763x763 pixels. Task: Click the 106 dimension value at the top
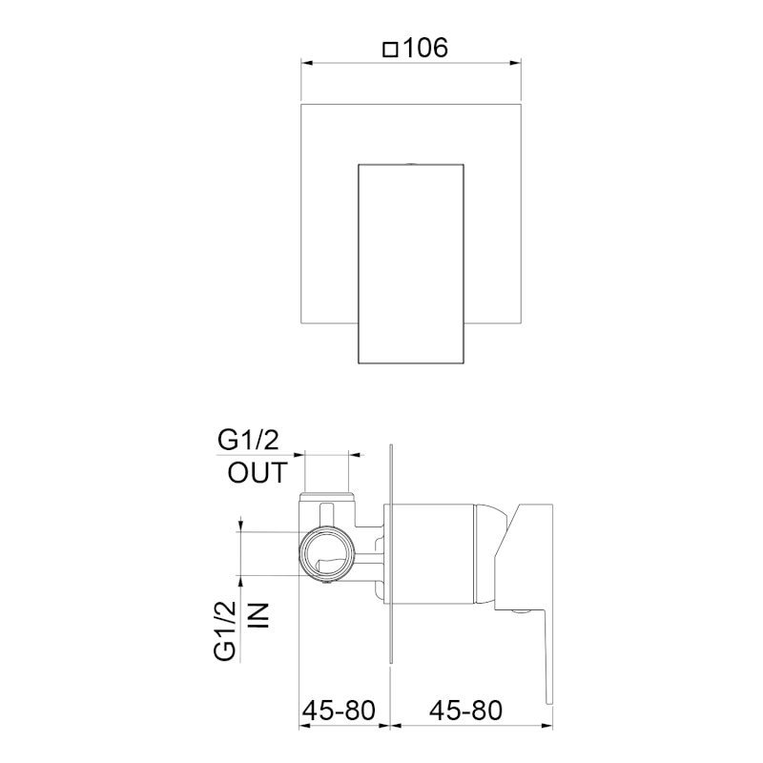click(x=425, y=48)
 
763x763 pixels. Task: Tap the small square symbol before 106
click(x=390, y=50)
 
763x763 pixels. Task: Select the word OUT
click(x=258, y=473)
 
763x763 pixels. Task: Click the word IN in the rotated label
click(x=258, y=615)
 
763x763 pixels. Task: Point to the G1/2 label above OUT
click(x=248, y=441)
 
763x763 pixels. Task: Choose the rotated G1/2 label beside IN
click(x=225, y=630)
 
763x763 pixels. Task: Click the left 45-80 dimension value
click(x=340, y=710)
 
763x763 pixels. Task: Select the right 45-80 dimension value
click(x=465, y=710)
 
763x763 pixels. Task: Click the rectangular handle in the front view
click(x=411, y=264)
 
